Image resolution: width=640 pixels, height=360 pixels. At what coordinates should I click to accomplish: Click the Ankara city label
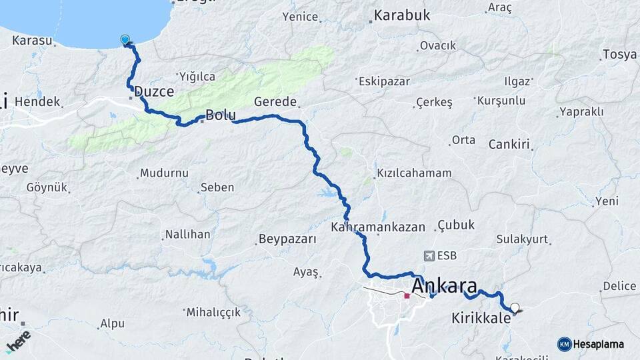(445, 287)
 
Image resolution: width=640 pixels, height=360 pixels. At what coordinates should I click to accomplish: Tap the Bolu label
(221, 115)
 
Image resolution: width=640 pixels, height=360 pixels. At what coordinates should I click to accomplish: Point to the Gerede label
(275, 102)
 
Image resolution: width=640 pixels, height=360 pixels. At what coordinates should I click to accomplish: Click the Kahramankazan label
(378, 227)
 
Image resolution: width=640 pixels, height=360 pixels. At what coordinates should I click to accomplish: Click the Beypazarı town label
(287, 239)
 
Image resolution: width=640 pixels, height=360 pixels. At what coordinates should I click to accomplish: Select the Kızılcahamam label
(414, 173)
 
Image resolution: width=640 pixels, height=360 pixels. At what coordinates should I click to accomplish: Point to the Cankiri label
(509, 144)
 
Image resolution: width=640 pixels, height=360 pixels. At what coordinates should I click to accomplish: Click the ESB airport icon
(429, 255)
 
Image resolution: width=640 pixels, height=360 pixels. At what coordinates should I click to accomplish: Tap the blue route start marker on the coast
(125, 40)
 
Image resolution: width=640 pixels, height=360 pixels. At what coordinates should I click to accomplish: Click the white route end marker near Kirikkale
(514, 308)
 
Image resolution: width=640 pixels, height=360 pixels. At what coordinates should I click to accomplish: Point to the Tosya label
(619, 54)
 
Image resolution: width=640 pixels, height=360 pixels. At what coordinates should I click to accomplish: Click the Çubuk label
(457, 225)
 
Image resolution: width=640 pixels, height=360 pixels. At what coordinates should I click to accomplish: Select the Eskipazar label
(383, 82)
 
